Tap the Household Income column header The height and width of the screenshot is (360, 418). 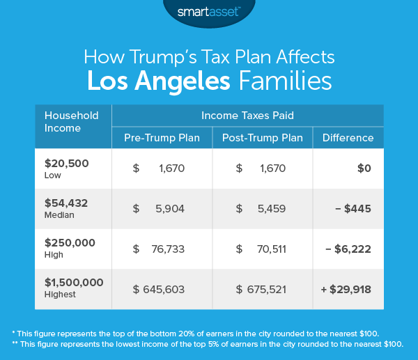72,121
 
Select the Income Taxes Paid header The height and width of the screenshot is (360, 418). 247,115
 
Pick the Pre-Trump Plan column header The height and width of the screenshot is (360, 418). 162,138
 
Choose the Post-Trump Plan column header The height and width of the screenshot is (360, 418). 262,138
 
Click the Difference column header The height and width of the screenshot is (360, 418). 348,138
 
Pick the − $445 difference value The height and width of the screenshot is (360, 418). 355,208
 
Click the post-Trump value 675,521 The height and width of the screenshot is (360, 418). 267,288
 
